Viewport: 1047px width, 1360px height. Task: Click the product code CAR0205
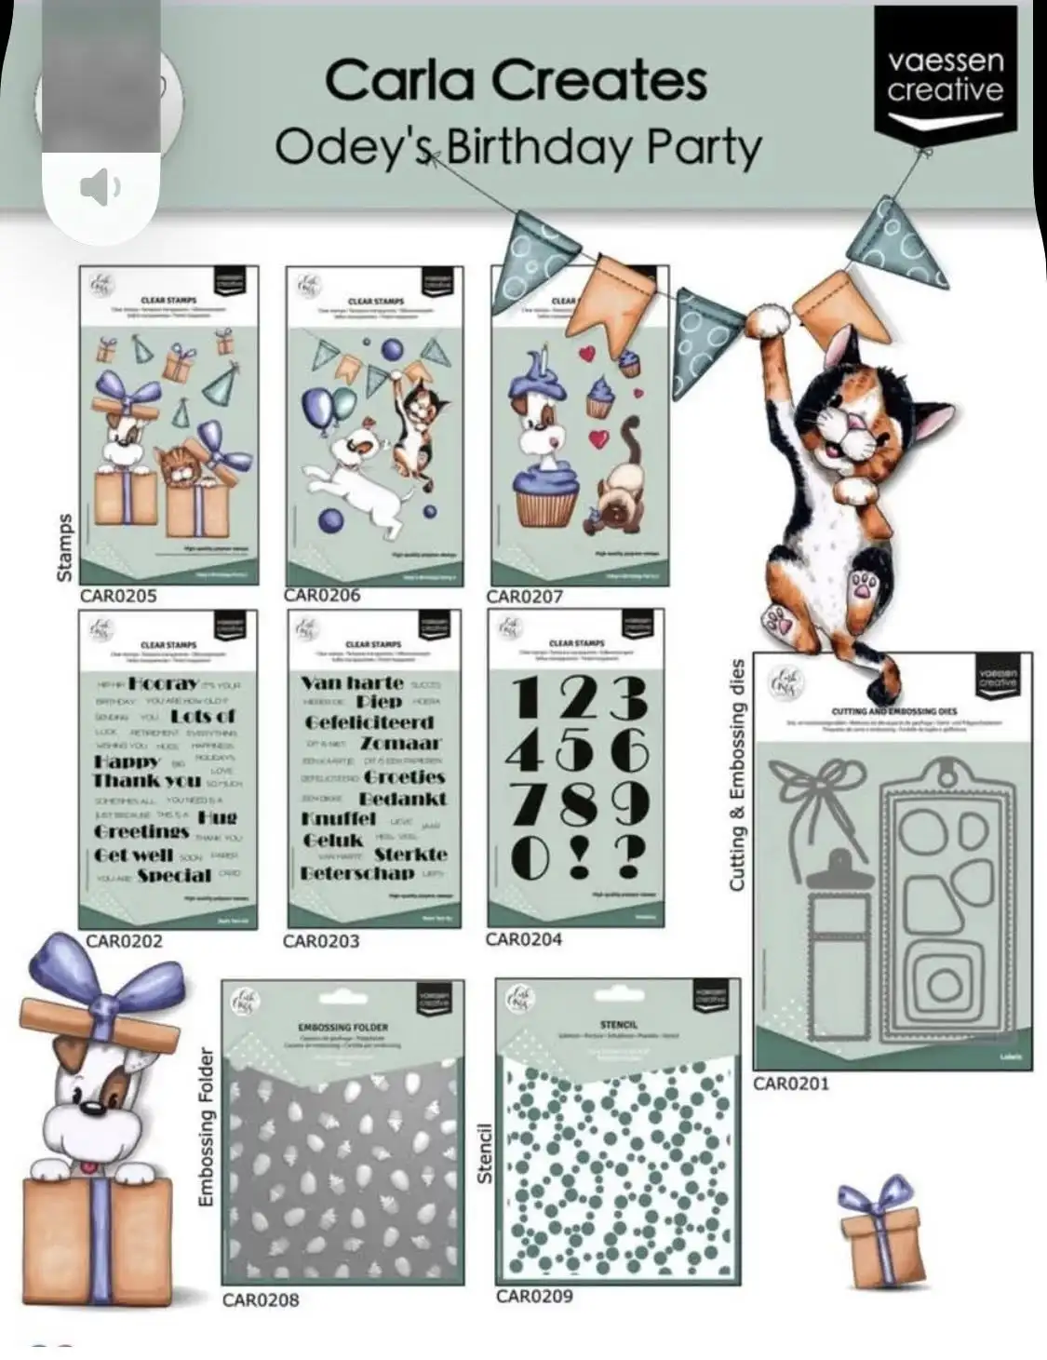point(118,596)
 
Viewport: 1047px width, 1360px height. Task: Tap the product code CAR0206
point(322,596)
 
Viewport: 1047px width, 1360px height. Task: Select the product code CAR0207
point(525,597)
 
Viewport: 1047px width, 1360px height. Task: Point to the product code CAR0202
point(125,941)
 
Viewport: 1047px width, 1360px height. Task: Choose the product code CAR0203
point(321,941)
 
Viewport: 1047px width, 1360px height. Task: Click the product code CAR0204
point(524,939)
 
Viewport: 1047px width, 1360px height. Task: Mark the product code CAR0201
point(791,1084)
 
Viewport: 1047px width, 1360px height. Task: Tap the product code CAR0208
point(261,1299)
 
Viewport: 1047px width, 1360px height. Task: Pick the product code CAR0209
point(534,1297)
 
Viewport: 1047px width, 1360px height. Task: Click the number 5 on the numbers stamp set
point(578,750)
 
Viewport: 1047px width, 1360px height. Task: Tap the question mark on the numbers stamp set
point(630,855)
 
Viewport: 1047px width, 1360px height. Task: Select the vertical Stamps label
point(65,548)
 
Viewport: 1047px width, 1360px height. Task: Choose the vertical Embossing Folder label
point(206,1127)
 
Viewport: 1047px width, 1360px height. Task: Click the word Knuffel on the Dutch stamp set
point(340,819)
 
